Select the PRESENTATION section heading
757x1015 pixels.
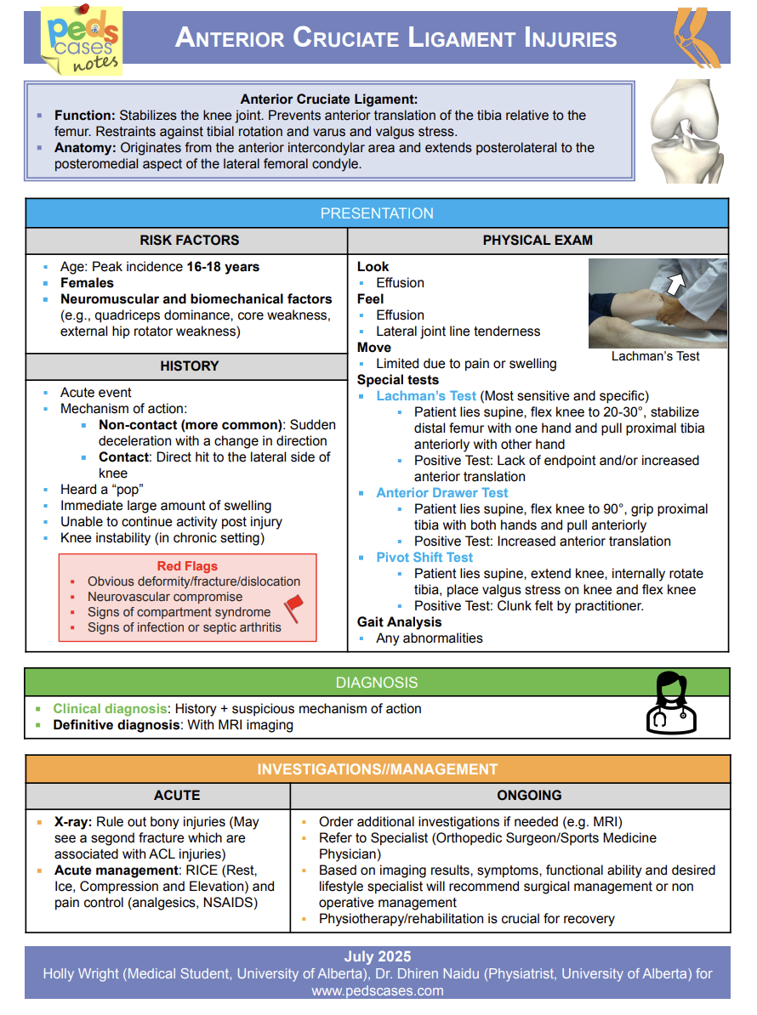377,213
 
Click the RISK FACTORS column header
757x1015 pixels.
190,241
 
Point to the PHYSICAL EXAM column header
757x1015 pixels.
538,241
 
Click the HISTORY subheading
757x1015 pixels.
190,366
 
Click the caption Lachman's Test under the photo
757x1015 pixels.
655,356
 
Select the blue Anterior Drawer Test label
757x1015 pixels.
441,493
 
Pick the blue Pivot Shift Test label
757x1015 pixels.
424,558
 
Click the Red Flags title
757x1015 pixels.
187,566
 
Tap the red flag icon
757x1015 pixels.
293,608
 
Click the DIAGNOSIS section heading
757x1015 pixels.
377,683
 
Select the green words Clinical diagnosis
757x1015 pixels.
108,709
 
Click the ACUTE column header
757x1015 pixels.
177,796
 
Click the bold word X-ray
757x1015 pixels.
72,822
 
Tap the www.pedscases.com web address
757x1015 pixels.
377,990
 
